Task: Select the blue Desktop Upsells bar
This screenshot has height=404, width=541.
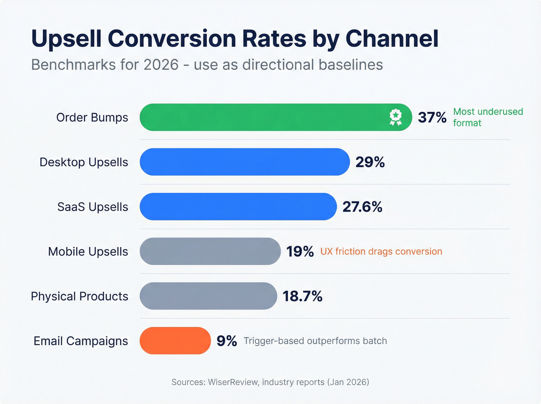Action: [x=245, y=162]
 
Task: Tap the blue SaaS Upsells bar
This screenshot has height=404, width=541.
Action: [x=238, y=207]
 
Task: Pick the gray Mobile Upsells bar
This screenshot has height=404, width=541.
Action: [x=210, y=251]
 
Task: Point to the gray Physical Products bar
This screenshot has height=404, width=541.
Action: [x=208, y=296]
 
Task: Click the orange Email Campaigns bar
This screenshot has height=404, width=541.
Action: [x=175, y=341]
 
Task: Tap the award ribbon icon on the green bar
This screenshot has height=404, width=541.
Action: [x=395, y=117]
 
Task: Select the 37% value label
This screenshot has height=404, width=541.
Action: [x=432, y=117]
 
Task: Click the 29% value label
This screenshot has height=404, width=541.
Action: [x=370, y=162]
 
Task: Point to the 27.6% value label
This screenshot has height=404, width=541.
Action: [x=362, y=207]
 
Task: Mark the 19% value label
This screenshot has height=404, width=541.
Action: [x=300, y=251]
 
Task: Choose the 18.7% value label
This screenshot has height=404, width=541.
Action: [x=302, y=296]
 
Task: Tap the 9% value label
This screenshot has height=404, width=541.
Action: [x=226, y=341]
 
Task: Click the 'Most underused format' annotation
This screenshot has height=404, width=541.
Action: [x=488, y=117]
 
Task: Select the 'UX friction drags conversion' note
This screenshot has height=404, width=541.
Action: [x=381, y=251]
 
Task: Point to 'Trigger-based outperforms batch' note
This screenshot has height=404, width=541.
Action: [x=315, y=341]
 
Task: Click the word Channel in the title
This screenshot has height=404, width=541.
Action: [x=392, y=39]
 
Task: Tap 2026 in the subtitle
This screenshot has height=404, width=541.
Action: [x=161, y=65]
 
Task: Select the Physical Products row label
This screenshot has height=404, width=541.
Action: [x=80, y=296]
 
